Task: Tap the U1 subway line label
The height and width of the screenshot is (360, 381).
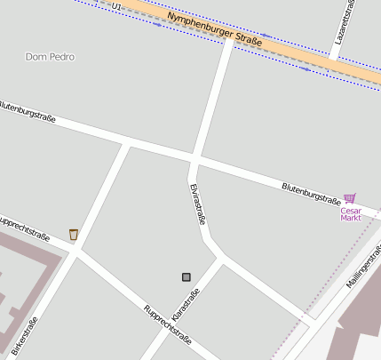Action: pos(116,6)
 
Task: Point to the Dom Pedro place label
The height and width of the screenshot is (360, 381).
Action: pos(50,57)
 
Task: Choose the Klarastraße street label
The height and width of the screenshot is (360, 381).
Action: pos(185,306)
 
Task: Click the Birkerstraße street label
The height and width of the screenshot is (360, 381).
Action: pos(26,339)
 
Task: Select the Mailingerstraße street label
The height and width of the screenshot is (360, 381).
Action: pos(361,271)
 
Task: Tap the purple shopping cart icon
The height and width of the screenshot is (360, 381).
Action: pos(350,198)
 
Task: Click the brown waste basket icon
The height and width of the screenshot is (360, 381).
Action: pos(74,234)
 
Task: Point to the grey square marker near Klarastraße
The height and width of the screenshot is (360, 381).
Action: pos(187,277)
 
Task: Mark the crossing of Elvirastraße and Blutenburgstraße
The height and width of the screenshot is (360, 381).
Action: pos(194,159)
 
